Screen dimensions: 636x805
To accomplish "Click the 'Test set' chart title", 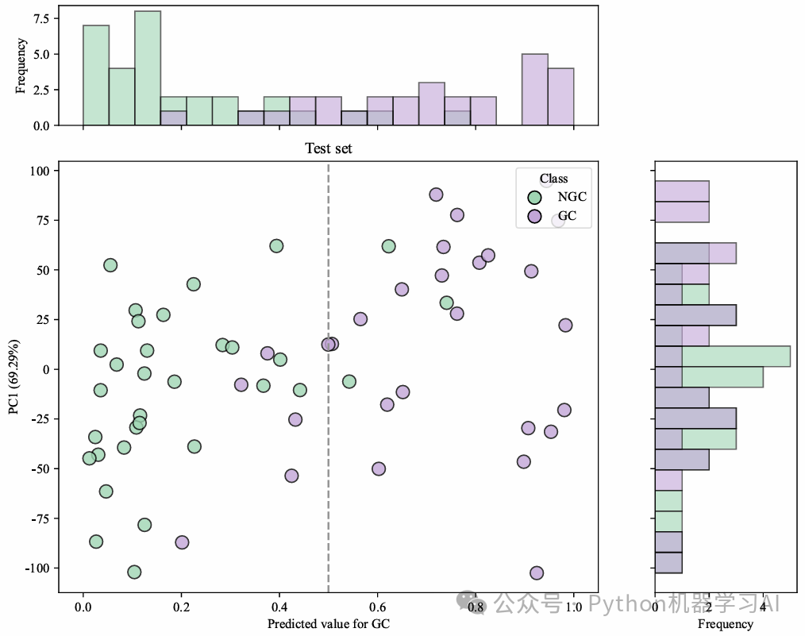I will pos(329,148).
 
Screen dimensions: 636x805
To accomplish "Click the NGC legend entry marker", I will pos(535,197).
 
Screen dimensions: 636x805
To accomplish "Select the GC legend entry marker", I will pos(535,215).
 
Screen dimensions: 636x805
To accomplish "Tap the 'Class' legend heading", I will pos(553,179).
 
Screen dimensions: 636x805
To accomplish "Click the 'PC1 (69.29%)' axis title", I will pos(13,370).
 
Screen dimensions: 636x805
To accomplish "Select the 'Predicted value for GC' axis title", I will pos(329,624).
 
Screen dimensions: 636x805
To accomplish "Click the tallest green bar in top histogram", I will pos(148,67).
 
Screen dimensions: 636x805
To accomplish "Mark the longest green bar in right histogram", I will pos(722,357).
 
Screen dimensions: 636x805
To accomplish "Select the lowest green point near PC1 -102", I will pos(134,572).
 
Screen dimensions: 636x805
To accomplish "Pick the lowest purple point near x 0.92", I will pos(537,573).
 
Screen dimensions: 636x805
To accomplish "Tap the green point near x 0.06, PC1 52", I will pos(110,265).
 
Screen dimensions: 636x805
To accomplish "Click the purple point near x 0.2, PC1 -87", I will pos(182,542).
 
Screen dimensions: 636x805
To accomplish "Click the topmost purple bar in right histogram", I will pos(681,191).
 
